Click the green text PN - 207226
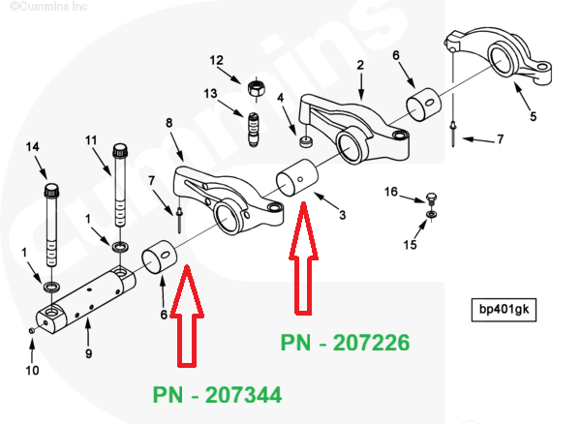coord(346,342)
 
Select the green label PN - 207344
coord(217,395)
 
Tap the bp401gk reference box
coord(503,311)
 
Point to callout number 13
coord(211,93)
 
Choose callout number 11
coord(92,140)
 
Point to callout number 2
coord(360,66)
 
